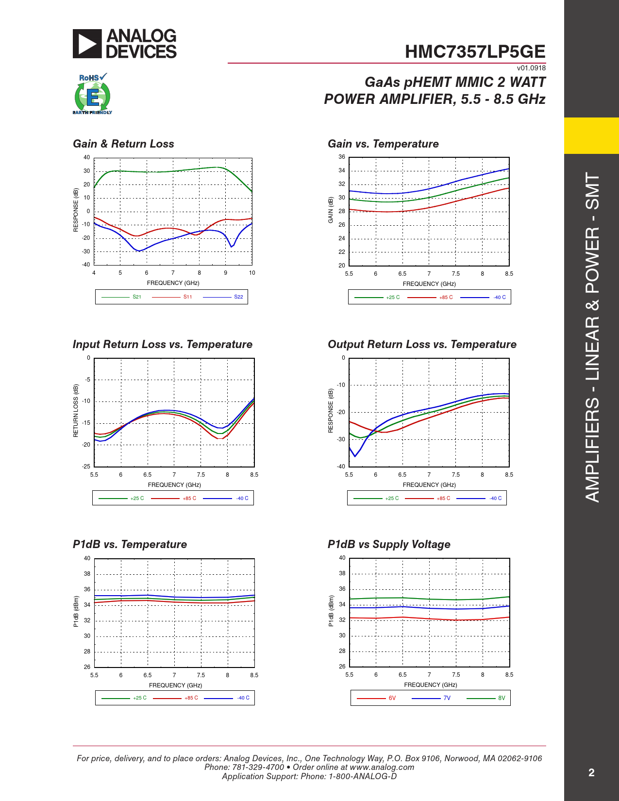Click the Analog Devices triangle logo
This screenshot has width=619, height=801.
[x=87, y=44]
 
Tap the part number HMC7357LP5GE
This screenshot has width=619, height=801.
[x=475, y=51]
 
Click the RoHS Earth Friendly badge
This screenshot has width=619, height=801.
[x=92, y=94]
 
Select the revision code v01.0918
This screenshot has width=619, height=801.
[x=531, y=68]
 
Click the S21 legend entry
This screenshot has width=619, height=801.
[x=121, y=297]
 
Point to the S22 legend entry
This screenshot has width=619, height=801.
[x=223, y=297]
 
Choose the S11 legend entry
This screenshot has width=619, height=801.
[x=172, y=297]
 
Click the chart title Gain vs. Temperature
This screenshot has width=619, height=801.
[x=383, y=144]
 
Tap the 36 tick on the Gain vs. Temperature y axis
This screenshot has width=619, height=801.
[x=342, y=157]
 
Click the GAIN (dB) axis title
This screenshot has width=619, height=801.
[x=331, y=210]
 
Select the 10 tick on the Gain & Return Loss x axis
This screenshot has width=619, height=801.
[x=252, y=273]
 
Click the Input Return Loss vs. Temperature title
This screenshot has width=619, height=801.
[x=163, y=344]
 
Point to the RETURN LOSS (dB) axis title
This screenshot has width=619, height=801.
[x=76, y=411]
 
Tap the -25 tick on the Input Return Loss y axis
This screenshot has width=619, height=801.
[x=86, y=467]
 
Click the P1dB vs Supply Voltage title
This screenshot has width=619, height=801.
[x=389, y=545]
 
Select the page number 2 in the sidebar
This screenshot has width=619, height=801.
[x=591, y=773]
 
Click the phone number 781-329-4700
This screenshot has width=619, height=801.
[x=258, y=767]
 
